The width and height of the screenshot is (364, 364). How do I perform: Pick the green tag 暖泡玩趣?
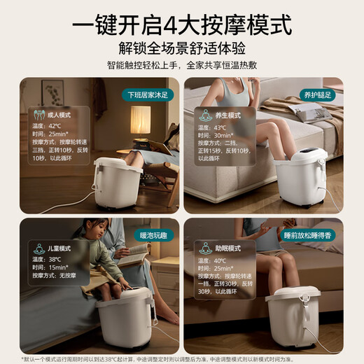click(153, 237)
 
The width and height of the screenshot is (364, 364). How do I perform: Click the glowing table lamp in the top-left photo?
click(141, 119)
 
